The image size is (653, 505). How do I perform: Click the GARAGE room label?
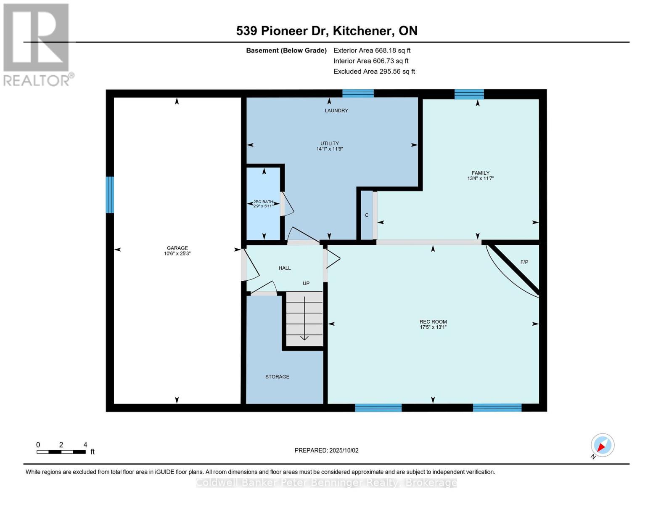tap(177, 248)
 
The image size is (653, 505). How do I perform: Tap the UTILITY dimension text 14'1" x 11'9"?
tap(330, 149)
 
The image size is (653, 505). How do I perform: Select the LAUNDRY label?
tap(336, 111)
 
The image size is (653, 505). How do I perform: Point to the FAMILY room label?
tap(481, 173)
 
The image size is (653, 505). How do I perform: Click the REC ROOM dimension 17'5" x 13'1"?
tap(433, 327)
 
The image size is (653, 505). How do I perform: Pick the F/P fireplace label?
tap(524, 262)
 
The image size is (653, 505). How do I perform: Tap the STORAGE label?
tap(278, 377)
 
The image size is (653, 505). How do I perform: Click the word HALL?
tap(285, 268)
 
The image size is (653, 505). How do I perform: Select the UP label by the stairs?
tap(306, 283)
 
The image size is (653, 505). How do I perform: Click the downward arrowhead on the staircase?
tap(304, 338)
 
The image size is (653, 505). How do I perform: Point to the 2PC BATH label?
tap(263, 202)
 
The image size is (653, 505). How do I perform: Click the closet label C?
tap(367, 215)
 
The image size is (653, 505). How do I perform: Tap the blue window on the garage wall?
tap(110, 194)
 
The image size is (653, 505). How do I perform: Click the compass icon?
tap(602, 446)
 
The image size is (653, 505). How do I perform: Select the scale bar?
tap(61, 452)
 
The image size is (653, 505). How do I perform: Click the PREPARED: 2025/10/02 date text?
tap(327, 451)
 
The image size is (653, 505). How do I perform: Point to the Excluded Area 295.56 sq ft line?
tap(374, 72)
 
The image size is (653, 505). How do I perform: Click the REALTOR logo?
tap(37, 45)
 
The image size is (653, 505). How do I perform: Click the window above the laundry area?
tap(358, 93)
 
